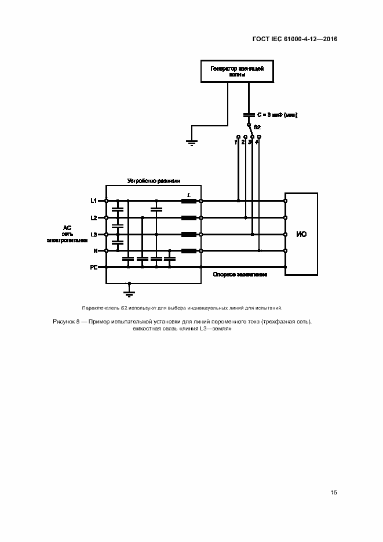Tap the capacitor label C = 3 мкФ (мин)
pos(276,115)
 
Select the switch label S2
pos(257,126)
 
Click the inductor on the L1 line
pos(188,201)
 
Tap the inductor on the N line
pos(188,251)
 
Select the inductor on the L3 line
pos(188,235)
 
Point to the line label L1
pos(93,201)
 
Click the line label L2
pos(93,218)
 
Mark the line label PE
pos(93,268)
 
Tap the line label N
pos(95,251)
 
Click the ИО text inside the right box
pos(301,235)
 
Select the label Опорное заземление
pos(239,274)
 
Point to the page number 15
pos(334,493)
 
